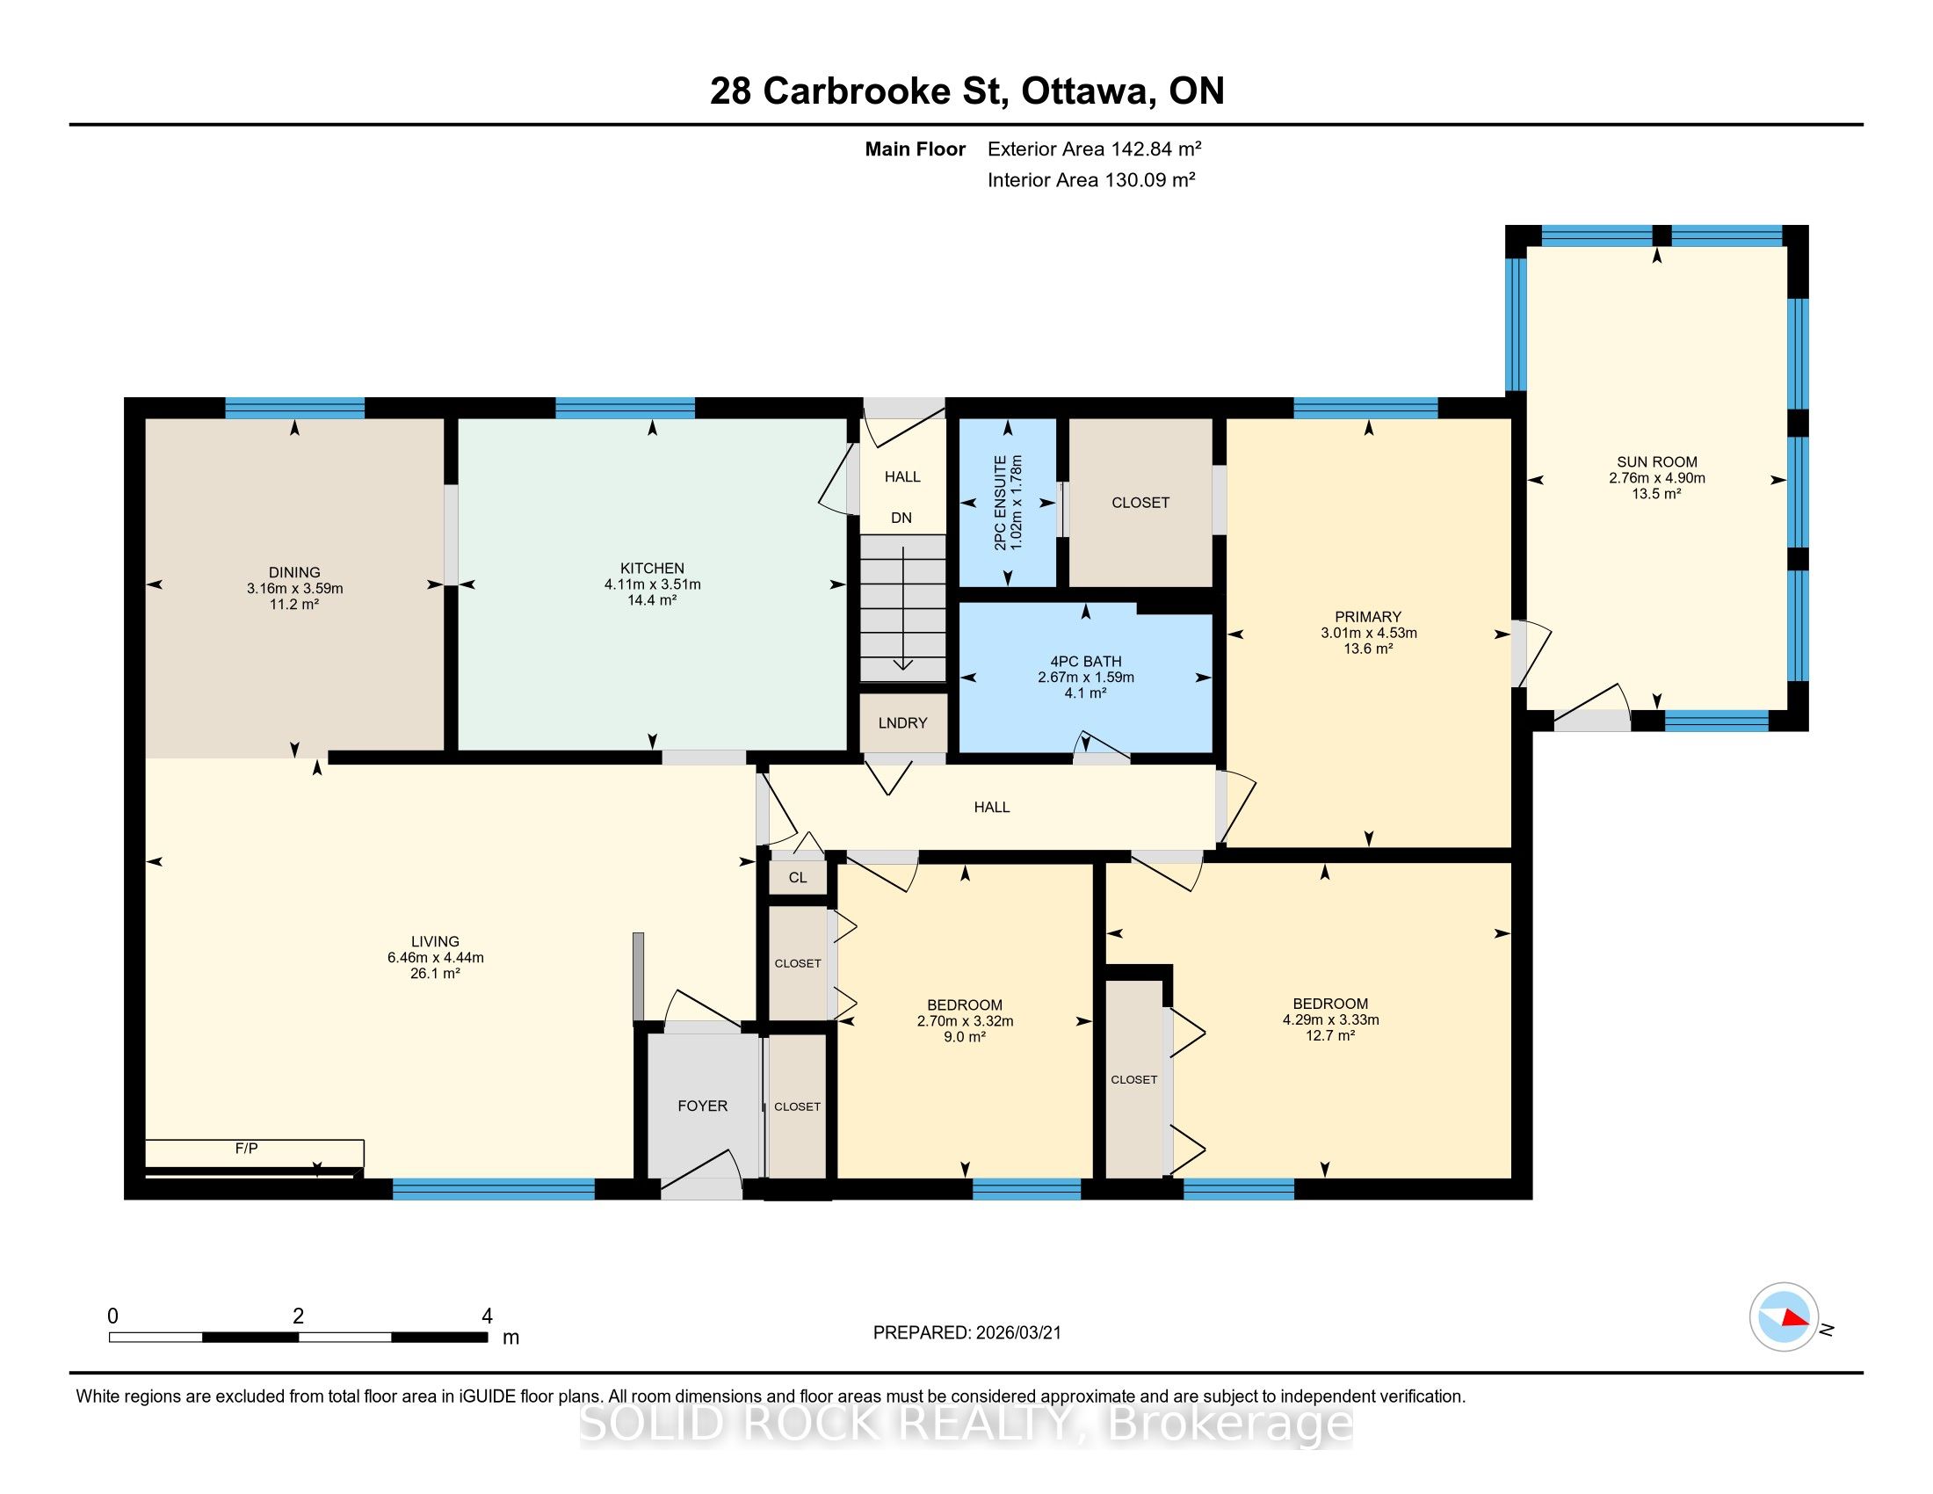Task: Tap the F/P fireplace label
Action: pyautogui.click(x=246, y=1149)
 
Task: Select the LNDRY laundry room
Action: pyautogui.click(x=902, y=723)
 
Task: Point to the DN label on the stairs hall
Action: pyautogui.click(x=901, y=518)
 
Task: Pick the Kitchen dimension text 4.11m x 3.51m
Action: pyautogui.click(x=652, y=584)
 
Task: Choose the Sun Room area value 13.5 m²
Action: pyautogui.click(x=1657, y=494)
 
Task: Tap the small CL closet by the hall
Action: pyautogui.click(x=798, y=878)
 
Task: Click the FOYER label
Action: pyautogui.click(x=703, y=1106)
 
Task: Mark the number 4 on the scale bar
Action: pyautogui.click(x=487, y=1316)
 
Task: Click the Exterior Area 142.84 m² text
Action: pyautogui.click(x=1094, y=149)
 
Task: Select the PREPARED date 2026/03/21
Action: pyautogui.click(x=1017, y=1333)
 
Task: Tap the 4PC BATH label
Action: pyautogui.click(x=1086, y=661)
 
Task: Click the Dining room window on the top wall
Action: pyautogui.click(x=294, y=408)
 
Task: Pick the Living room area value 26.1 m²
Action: pyautogui.click(x=436, y=974)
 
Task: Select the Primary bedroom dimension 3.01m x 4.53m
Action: pyautogui.click(x=1369, y=633)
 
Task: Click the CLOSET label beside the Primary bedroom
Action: pyautogui.click(x=1140, y=503)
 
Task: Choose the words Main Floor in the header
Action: pyautogui.click(x=916, y=149)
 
